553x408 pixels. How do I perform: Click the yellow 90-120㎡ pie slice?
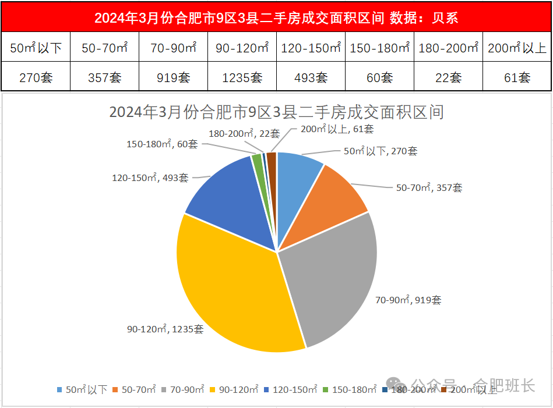click(x=233, y=291)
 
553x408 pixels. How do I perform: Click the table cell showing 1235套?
click(x=242, y=77)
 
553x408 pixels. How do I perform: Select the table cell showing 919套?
click(x=173, y=77)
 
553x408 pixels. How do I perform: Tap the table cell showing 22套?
click(x=448, y=77)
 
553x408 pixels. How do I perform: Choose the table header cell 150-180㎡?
click(x=379, y=48)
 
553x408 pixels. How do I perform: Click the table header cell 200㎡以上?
click(x=517, y=48)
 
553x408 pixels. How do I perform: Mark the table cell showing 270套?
click(x=36, y=77)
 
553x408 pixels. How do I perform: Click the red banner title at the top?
click(x=276, y=18)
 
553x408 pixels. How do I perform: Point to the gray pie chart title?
click(x=276, y=112)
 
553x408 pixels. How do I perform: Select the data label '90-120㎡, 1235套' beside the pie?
click(x=165, y=329)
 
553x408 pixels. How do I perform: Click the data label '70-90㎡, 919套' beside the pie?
click(x=408, y=300)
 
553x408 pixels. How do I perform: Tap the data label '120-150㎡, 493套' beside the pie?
click(x=150, y=178)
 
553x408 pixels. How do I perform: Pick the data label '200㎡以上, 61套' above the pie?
click(x=337, y=129)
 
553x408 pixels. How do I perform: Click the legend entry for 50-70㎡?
click(x=135, y=389)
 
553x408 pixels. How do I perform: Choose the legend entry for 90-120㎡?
click(x=234, y=389)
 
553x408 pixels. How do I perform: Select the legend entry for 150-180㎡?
click(x=349, y=389)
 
